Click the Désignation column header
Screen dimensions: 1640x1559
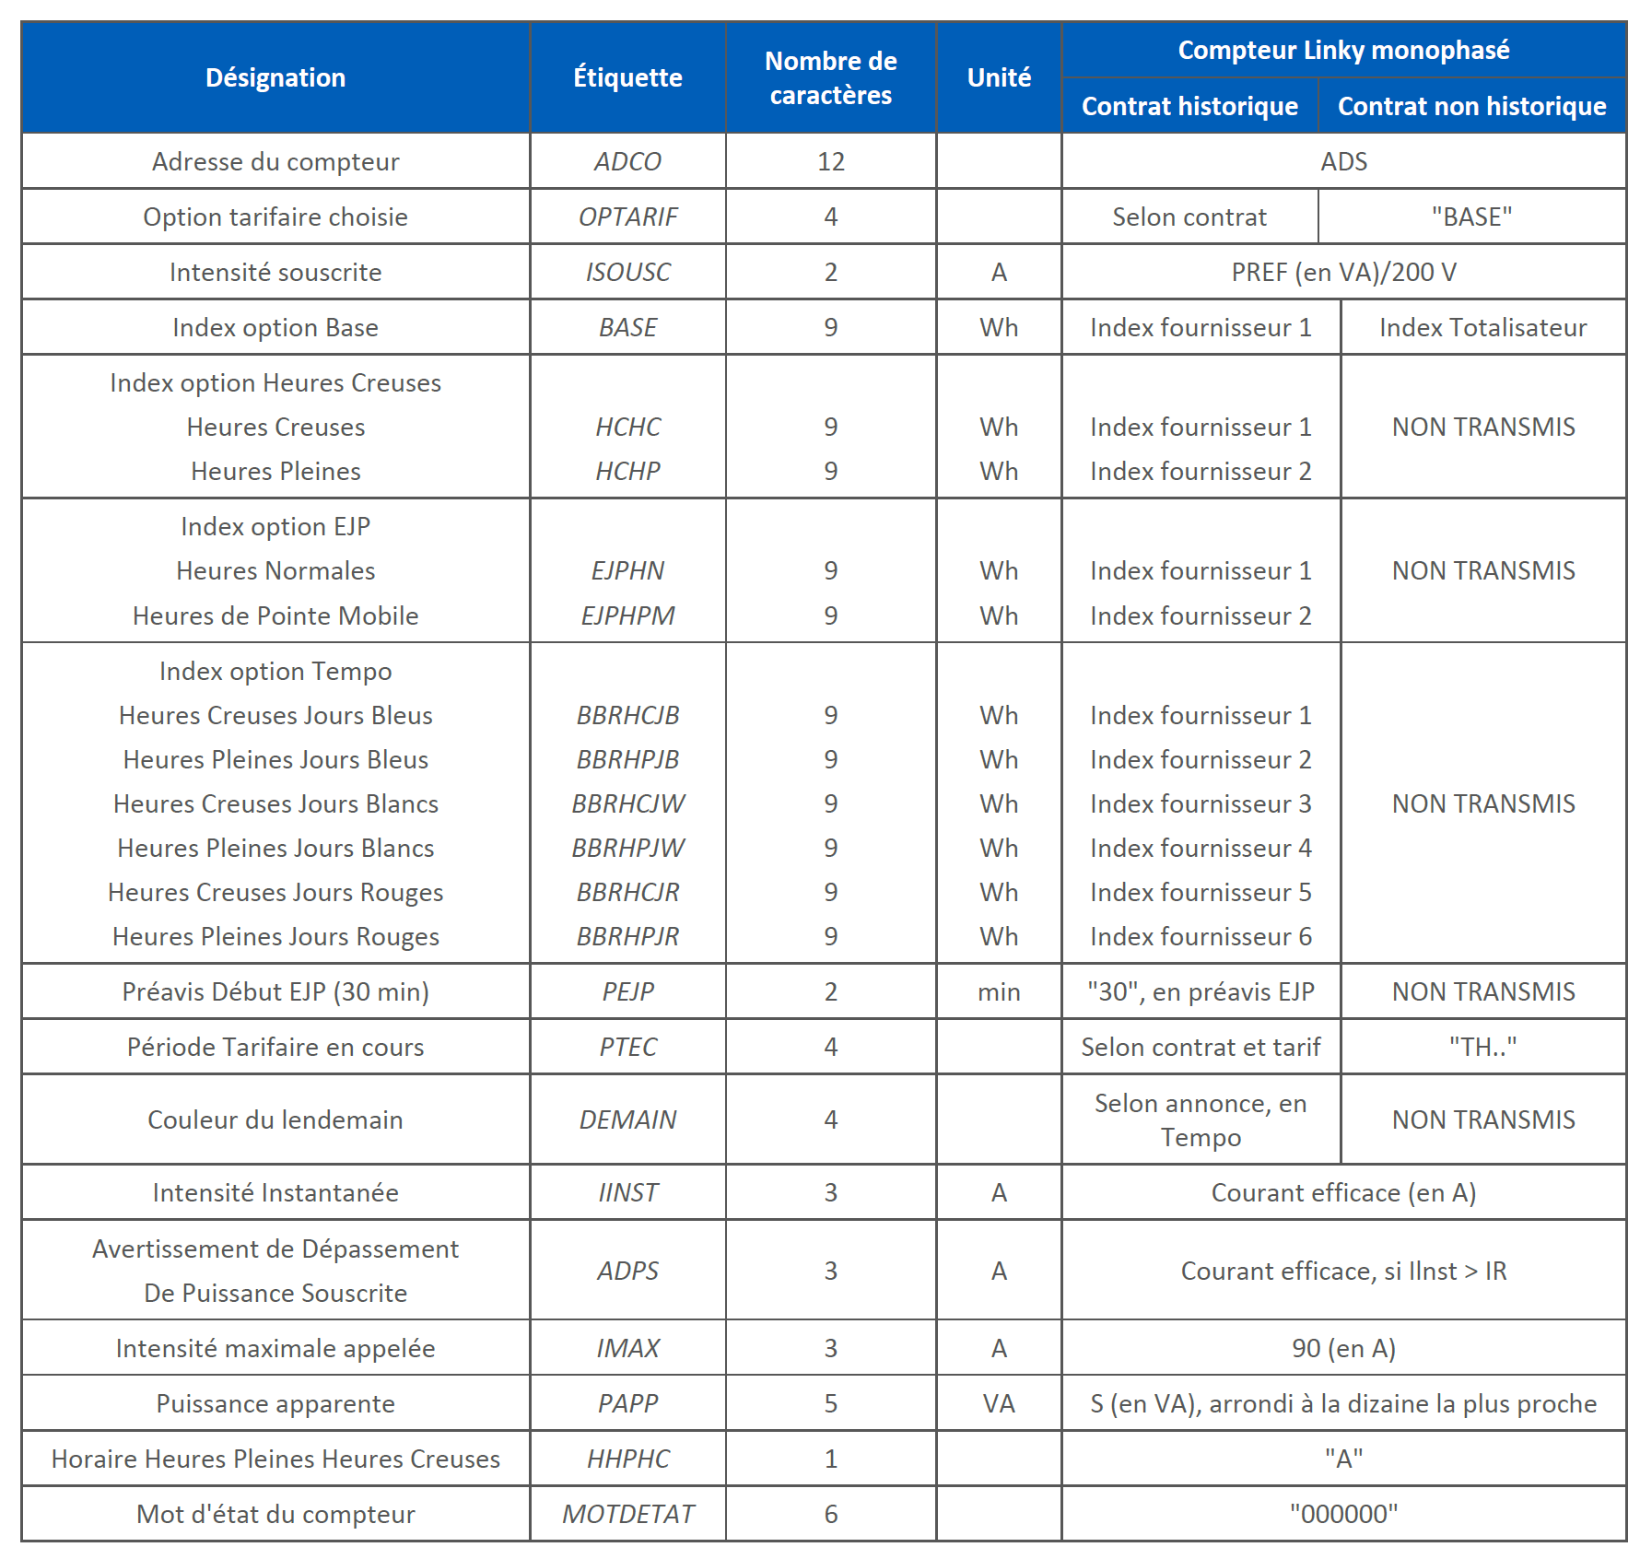(275, 77)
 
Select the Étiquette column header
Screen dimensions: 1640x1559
(627, 77)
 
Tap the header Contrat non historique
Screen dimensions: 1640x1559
(1471, 106)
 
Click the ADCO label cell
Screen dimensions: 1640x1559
(627, 161)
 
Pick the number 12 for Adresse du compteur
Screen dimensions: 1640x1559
(830, 161)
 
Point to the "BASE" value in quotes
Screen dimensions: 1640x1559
(1471, 217)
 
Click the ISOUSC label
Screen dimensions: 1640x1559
(627, 272)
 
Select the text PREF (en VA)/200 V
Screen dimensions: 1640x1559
(1343, 272)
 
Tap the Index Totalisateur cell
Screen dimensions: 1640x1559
(1482, 327)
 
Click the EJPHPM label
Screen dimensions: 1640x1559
(627, 615)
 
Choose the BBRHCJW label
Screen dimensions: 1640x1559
(627, 803)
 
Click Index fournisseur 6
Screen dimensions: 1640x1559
(1201, 936)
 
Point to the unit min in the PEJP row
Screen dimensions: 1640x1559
(999, 991)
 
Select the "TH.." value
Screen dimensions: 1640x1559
(1482, 1047)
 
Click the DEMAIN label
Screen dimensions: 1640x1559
(627, 1119)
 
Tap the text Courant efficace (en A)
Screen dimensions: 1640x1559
(1343, 1192)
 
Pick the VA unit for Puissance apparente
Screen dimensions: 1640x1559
(999, 1403)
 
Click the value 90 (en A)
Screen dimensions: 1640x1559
(1343, 1348)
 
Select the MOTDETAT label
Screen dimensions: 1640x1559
(627, 1514)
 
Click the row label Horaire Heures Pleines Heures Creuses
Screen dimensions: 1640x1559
(275, 1459)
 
